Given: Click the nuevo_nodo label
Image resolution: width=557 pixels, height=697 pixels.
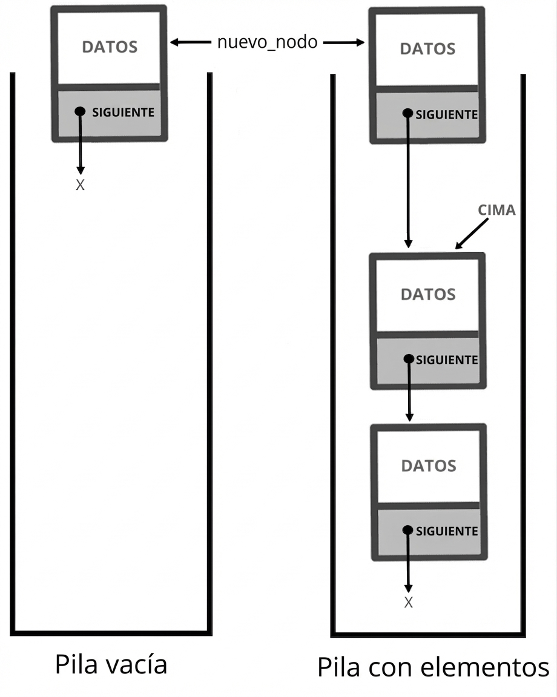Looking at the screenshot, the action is pos(267,42).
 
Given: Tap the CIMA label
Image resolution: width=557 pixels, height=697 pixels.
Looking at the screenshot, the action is pos(496,210).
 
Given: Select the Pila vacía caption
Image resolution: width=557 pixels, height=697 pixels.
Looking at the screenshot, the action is pos(111,665).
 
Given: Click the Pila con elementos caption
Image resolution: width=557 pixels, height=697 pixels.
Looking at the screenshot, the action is pos(433,667).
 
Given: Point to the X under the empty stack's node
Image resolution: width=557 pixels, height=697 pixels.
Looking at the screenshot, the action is pos(80,185).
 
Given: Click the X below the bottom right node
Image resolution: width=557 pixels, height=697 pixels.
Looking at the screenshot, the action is pos(409,603).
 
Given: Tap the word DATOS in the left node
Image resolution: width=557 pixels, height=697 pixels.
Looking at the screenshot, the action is pos(110,47).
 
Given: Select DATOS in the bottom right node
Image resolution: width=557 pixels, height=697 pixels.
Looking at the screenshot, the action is pos(429,466).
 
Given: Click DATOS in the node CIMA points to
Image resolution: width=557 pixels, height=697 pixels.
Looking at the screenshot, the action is pos(429,294).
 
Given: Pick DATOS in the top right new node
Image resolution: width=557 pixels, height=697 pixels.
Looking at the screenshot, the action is pos(428,49).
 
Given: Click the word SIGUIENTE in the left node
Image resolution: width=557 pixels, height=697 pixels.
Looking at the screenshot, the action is pos(124,113).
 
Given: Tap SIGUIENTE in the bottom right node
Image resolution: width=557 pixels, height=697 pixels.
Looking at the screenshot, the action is pos(447,531).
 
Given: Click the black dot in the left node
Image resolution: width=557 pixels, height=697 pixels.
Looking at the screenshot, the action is pos(80,111).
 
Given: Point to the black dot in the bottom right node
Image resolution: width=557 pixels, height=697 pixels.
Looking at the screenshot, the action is pos(407,530).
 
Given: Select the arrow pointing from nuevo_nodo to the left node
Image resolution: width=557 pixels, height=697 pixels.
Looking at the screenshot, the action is pos(191,42).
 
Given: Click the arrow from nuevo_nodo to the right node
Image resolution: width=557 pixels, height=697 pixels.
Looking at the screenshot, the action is pos(344,43).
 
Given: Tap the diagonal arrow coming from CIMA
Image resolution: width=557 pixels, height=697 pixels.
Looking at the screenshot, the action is pos(471,234).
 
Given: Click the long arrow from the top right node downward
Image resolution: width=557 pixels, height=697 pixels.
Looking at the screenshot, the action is pos(407,181).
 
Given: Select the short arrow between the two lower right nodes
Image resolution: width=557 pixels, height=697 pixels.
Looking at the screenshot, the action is pos(409,390).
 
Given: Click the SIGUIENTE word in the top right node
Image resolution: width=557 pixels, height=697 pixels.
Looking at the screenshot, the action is pos(447,115).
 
